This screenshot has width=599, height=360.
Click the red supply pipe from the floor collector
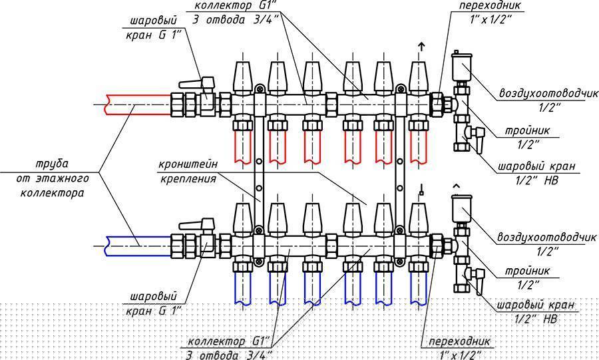[x=138, y=104]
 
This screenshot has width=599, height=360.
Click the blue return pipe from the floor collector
[x=138, y=246]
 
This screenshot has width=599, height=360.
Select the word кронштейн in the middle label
[x=188, y=164]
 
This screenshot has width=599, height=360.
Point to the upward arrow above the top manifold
[x=421, y=47]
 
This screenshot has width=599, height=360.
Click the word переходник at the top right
[x=491, y=6]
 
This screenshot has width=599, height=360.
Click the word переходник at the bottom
[x=459, y=341]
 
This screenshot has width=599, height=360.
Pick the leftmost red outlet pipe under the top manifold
[x=243, y=147]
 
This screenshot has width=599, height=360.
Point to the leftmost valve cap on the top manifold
[x=243, y=77]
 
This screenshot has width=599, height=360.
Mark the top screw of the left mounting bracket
[x=260, y=89]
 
